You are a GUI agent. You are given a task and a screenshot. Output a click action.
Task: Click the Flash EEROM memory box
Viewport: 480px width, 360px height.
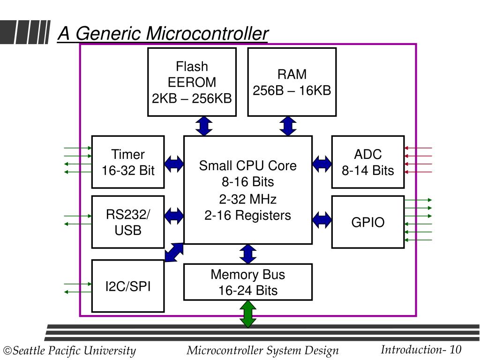click(192, 82)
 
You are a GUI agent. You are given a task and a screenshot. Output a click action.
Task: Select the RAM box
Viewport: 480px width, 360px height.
click(292, 82)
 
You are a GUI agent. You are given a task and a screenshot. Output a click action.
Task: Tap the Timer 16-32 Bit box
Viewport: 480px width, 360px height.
click(128, 162)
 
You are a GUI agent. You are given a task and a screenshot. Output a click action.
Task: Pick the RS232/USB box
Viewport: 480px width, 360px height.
click(128, 222)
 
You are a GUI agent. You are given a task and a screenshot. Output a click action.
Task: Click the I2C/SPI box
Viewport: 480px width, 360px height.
click(128, 286)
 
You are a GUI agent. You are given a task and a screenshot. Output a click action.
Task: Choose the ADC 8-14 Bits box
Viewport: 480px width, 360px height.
click(368, 162)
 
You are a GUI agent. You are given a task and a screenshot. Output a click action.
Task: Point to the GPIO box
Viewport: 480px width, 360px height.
click(368, 222)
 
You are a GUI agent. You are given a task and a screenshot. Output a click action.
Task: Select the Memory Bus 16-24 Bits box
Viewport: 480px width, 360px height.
click(248, 282)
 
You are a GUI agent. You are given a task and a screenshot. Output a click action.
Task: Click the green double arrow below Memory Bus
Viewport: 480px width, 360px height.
click(248, 314)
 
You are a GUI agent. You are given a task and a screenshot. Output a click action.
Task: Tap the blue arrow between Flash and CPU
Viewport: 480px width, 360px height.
click(204, 126)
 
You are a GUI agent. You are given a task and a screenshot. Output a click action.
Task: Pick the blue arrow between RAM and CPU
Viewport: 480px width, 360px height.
click(288, 126)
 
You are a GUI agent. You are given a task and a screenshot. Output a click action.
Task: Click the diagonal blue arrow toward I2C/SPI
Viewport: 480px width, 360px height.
click(174, 253)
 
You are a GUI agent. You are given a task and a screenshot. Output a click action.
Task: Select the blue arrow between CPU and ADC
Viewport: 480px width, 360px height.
click(322, 164)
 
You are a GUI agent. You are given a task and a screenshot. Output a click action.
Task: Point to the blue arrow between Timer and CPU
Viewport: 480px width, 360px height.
click(174, 164)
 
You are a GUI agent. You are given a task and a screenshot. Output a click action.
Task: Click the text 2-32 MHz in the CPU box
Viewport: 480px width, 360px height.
click(248, 199)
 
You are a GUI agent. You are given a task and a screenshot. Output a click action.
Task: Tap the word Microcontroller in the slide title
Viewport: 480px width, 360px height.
click(207, 33)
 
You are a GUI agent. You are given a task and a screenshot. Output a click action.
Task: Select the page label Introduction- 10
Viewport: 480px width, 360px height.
click(421, 350)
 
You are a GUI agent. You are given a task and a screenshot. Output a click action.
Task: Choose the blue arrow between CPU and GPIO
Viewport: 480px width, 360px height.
click(322, 220)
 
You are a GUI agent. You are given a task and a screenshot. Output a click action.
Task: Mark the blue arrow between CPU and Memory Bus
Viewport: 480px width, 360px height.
click(248, 254)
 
